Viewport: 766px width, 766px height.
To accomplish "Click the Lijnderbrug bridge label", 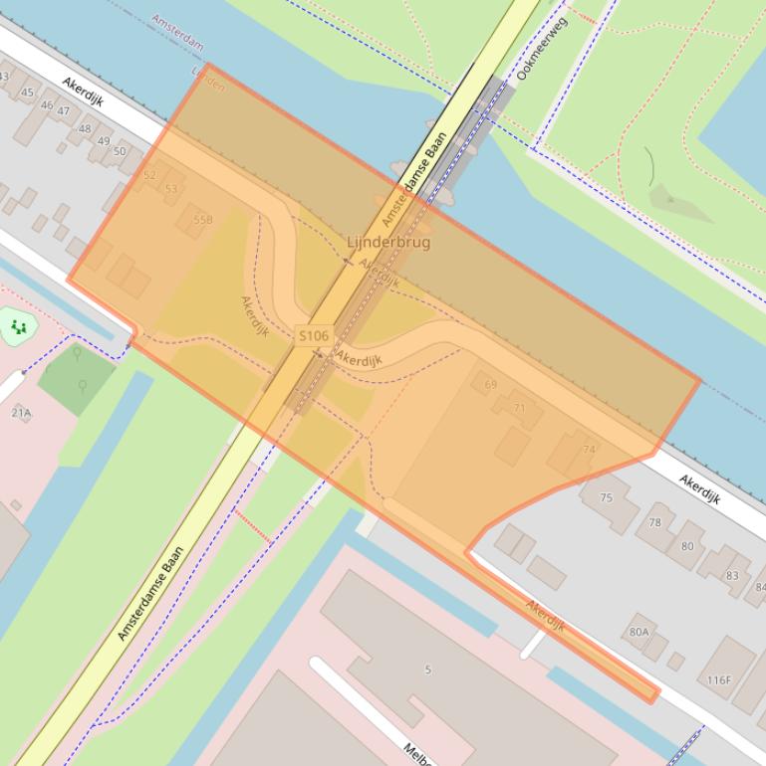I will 388,242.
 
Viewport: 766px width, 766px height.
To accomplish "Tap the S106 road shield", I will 314,336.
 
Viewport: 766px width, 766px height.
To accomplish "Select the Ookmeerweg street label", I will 540,48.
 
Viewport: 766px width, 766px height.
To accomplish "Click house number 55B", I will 202,220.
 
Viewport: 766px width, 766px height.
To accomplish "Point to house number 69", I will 490,385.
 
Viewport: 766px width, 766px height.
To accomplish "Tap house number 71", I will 519,408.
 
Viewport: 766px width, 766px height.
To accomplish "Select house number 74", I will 589,450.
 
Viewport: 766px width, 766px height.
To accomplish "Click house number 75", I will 607,497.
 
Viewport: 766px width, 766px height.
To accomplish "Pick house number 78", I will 654,522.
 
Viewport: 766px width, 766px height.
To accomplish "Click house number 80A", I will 638,631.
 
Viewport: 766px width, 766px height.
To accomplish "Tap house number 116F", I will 719,680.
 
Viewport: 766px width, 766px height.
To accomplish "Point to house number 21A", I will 21,412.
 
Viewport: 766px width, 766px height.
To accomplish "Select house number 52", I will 149,175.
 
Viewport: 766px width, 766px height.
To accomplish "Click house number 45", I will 27,93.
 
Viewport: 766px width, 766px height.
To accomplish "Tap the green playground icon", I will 17,326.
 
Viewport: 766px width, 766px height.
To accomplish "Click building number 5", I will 428,670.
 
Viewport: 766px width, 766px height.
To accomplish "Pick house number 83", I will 732,575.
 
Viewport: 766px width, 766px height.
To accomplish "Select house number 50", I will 120,151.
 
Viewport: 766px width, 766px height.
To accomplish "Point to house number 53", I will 171,188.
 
